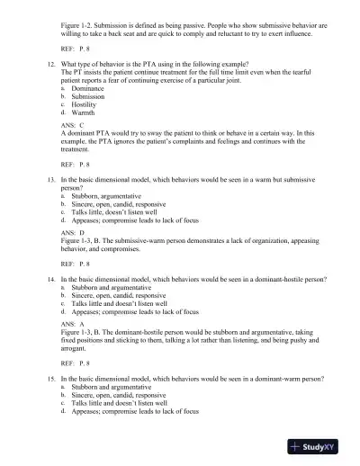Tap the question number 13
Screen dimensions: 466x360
coord(50,180)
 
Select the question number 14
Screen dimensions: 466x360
coord(50,281)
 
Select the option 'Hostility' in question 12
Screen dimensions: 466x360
coord(88,107)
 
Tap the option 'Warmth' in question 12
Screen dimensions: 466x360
coord(85,114)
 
